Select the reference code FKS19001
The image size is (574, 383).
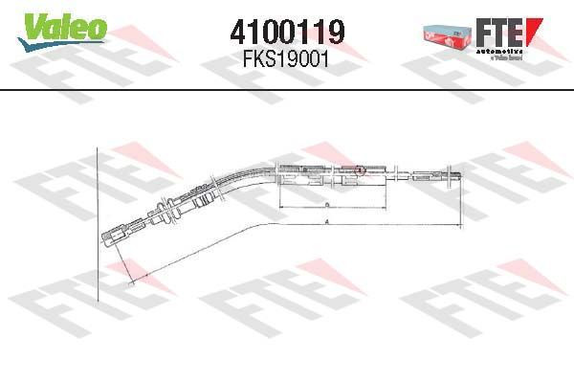point(287,56)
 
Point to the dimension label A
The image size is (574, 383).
point(328,221)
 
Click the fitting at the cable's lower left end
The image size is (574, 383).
point(115,232)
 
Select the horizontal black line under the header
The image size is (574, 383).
point(287,91)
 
